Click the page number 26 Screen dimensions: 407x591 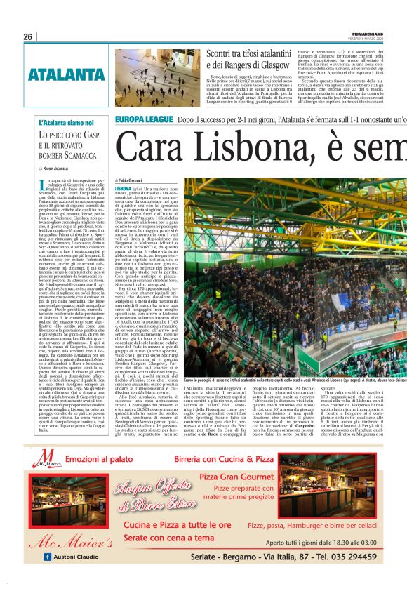tap(27, 36)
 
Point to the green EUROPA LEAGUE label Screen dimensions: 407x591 tap(143, 120)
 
